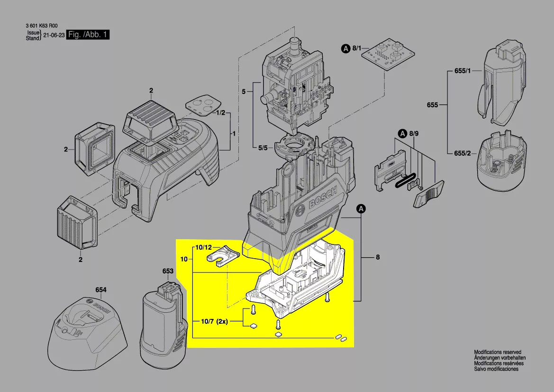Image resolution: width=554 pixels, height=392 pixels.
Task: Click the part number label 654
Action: [x=101, y=290]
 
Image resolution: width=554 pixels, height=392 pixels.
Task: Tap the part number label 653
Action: [x=168, y=271]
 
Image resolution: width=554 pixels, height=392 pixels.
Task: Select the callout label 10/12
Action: [x=204, y=248]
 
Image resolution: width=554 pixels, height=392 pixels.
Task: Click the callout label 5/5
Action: [x=263, y=148]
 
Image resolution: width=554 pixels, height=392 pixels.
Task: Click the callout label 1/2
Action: [x=220, y=113]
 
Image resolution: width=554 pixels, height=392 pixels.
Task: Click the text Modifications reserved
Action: [x=498, y=352]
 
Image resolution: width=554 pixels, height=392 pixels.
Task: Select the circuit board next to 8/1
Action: [x=389, y=57]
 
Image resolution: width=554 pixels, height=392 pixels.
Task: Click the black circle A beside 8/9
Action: [x=402, y=134]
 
